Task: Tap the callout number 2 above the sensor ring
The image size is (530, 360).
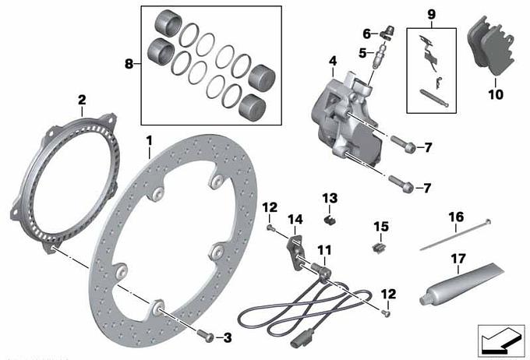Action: click(82, 100)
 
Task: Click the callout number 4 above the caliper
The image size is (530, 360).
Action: click(333, 62)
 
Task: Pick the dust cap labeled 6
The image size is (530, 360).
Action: click(387, 33)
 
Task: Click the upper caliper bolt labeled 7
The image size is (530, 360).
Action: click(403, 143)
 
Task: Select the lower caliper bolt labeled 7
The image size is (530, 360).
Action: click(401, 183)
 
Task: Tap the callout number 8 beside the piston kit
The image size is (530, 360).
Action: click(129, 64)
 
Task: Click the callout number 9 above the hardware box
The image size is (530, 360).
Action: click(432, 15)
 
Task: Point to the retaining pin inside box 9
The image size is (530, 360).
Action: click(434, 98)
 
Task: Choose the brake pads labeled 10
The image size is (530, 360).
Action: click(491, 46)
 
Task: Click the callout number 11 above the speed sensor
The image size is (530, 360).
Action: click(324, 250)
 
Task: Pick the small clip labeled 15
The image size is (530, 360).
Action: click(379, 248)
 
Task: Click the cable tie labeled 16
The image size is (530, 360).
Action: click(455, 236)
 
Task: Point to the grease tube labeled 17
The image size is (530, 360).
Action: click(461, 284)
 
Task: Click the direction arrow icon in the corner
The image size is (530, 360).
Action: click(501, 341)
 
